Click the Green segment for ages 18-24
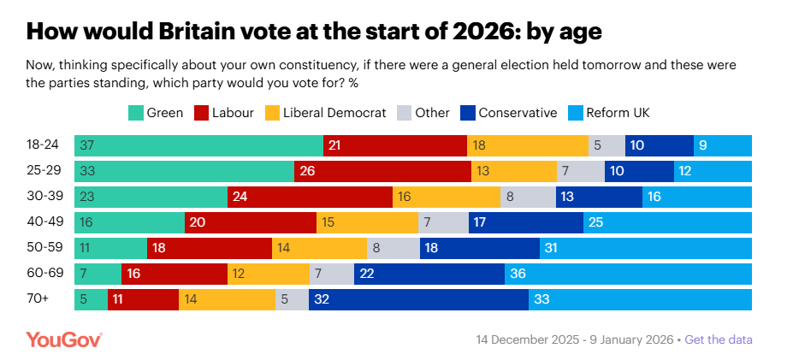coord(198,145)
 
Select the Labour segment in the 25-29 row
coord(382,171)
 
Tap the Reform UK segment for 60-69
coord(628,274)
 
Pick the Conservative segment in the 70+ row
coord(418,300)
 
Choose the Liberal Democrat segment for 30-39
coord(447,197)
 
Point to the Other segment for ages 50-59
coord(393,248)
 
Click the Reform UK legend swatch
coord(572,112)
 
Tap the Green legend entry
coord(155,112)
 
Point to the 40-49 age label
coord(43,222)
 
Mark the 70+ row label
coord(38,300)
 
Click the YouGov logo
coord(64,339)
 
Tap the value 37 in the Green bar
coord(87,145)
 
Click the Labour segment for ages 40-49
coord(251,222)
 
